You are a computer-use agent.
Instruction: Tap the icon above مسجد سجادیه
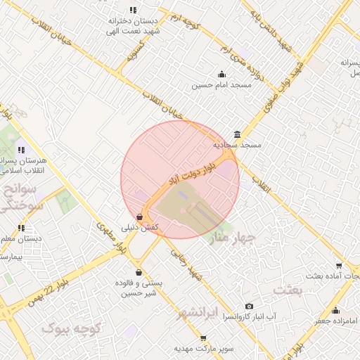tap(237, 134)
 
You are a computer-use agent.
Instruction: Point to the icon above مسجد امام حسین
tap(222, 75)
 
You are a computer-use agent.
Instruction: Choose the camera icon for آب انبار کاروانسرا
tap(249, 307)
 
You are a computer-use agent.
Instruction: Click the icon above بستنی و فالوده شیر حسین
tap(139, 272)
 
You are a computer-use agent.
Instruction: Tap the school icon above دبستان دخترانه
tap(133, 10)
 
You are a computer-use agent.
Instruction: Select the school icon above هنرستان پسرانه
tap(21, 149)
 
